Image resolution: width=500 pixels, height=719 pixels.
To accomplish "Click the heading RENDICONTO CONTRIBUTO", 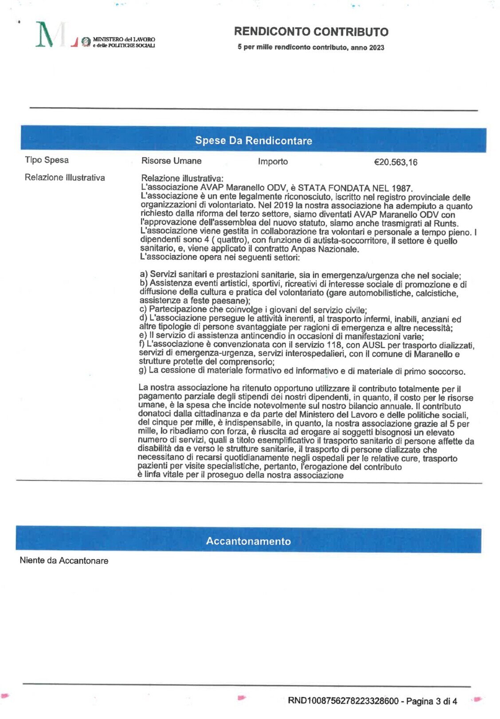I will click(311, 32).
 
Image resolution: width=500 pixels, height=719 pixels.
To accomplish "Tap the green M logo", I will click(46, 35).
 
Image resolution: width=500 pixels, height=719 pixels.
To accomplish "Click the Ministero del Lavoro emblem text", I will click(124, 42).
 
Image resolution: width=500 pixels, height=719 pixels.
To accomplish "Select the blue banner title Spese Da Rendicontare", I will click(254, 140).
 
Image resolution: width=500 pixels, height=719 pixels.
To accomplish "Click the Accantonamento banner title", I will click(248, 541).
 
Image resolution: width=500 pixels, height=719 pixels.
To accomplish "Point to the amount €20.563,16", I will click(395, 162).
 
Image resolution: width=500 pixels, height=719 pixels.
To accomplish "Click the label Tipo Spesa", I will click(47, 160).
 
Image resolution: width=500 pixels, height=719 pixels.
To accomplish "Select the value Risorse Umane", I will click(171, 161).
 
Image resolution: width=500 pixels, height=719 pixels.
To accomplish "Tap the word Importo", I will click(273, 162).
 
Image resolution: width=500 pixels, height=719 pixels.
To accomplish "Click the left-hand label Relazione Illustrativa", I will click(65, 178).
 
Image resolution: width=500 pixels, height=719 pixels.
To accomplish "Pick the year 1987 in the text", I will click(402, 188).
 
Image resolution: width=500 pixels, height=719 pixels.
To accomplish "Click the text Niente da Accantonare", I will click(64, 560).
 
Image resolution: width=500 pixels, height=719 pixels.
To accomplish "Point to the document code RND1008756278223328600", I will click(343, 701).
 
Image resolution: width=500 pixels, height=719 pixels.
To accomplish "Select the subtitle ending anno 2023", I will click(311, 47).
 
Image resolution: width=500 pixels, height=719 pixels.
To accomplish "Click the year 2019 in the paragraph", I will click(283, 205).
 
